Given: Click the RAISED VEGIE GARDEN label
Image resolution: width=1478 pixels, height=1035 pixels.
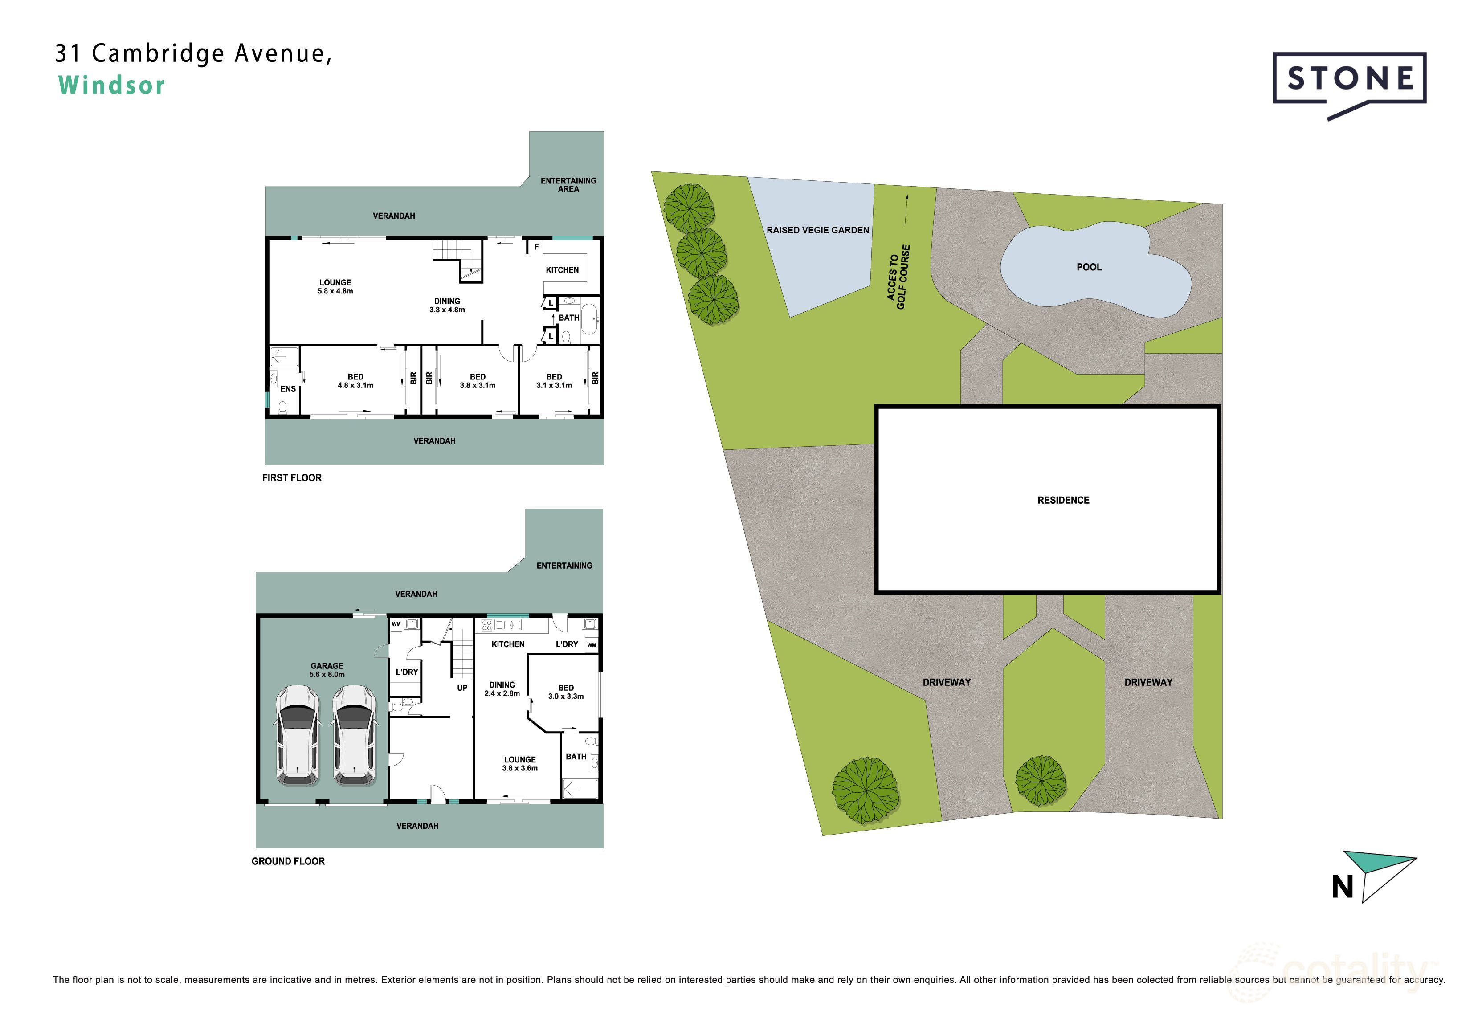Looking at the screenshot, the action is point(817,230).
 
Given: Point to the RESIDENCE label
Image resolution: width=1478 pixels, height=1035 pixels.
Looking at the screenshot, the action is point(1063,500).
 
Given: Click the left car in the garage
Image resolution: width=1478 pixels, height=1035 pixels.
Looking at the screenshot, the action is point(298,735).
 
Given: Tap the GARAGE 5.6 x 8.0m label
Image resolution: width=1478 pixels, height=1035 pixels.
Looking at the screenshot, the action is point(327,670).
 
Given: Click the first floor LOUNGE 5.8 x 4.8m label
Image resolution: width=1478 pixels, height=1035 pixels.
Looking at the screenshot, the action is point(335,286).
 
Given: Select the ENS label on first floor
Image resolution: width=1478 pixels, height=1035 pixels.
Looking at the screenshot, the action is point(288,389).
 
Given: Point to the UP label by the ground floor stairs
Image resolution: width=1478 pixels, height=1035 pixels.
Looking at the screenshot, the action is point(462,688).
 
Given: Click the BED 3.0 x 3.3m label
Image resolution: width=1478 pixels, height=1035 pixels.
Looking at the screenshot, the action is point(566,692).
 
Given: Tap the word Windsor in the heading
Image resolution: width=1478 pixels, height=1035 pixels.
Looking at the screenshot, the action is point(112,86).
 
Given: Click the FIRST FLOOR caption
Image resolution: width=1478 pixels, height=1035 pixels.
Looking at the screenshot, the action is point(292,477).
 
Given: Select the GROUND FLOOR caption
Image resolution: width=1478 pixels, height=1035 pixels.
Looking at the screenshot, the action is point(288,861).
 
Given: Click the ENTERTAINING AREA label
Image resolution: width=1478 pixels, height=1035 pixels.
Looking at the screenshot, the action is point(568,185).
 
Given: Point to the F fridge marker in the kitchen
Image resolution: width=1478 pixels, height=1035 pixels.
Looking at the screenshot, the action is point(536,247).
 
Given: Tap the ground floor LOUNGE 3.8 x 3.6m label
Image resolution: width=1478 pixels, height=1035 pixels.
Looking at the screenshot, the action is point(520,764).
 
